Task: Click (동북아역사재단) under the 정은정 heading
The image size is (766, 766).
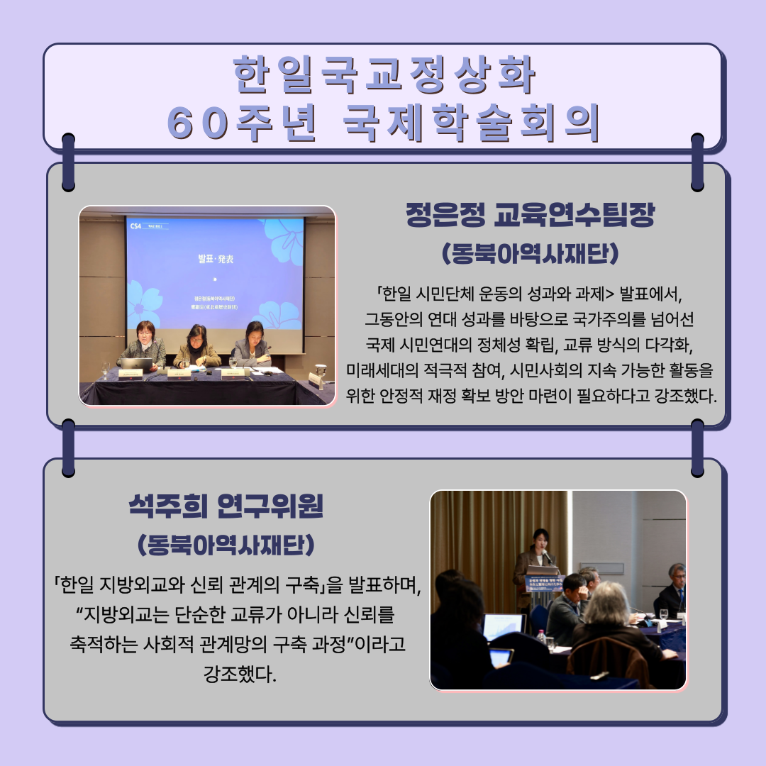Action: (530, 253)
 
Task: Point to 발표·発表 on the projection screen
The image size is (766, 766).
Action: (214, 259)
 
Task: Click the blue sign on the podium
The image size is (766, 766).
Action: (544, 584)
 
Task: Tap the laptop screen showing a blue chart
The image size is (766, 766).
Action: (503, 626)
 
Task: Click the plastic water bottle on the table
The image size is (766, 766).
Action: (541, 637)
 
